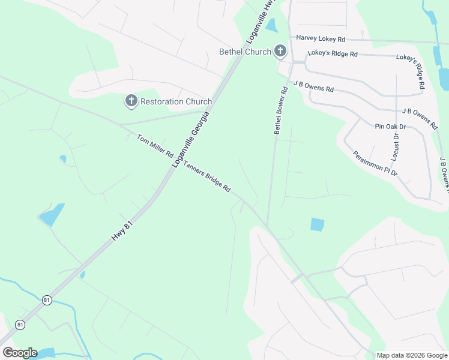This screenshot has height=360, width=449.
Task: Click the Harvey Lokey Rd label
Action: tap(321, 39)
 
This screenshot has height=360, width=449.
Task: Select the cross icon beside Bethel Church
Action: tap(280, 52)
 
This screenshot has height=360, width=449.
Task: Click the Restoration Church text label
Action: tap(176, 101)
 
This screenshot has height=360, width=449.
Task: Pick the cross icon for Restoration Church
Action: tap(131, 101)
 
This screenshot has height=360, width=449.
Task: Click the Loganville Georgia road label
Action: tap(191, 139)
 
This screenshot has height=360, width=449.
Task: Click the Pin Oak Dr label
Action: tap(390, 127)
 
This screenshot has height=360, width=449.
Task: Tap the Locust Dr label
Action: tap(396, 145)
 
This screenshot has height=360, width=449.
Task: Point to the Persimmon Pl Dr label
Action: tap(375, 163)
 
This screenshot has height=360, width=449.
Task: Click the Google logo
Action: tap(19, 353)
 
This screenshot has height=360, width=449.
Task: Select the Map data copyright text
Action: tap(412, 355)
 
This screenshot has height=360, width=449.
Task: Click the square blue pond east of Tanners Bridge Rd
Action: tap(318, 224)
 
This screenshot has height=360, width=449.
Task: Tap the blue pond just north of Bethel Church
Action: tap(271, 26)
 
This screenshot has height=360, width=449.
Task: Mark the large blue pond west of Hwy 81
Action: tap(52, 214)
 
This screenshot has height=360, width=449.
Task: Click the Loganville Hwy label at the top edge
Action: tap(257, 22)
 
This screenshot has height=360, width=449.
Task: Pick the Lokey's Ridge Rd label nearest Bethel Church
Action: tap(333, 54)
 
